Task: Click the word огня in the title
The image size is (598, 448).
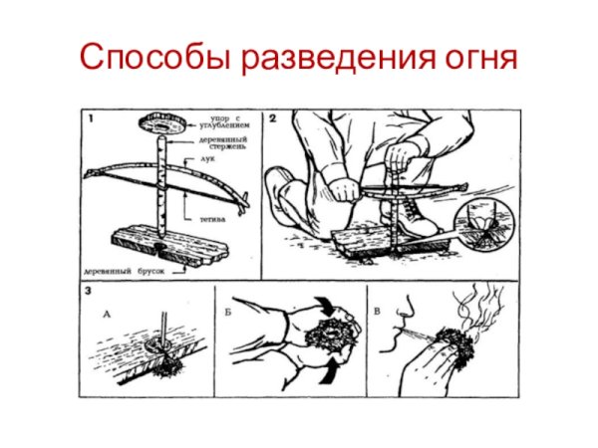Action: (x=478, y=58)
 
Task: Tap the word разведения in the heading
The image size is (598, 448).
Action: (x=338, y=58)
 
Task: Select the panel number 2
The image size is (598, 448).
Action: (x=271, y=119)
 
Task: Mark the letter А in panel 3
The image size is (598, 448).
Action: (x=107, y=311)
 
